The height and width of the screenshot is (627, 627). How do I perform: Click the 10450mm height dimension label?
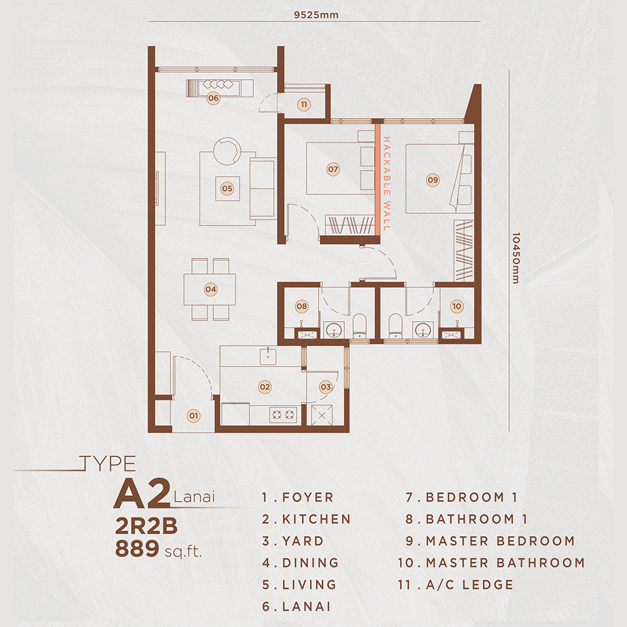click(516, 258)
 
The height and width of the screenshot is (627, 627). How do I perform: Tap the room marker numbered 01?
click(194, 415)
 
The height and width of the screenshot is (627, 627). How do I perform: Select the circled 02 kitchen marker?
click(265, 387)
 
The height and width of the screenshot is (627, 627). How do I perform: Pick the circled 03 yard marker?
click(325, 387)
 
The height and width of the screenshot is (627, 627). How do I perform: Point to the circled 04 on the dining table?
click(211, 290)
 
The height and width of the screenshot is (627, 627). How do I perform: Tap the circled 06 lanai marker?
click(213, 98)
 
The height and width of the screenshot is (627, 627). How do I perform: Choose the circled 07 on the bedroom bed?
click(333, 169)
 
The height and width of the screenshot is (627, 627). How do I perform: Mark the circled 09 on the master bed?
click(433, 180)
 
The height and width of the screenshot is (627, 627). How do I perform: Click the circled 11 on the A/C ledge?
click(304, 105)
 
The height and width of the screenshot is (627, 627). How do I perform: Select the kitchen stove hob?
click(282, 414)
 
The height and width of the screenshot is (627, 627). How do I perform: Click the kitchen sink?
click(268, 356)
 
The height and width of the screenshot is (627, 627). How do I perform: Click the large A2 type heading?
click(141, 495)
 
